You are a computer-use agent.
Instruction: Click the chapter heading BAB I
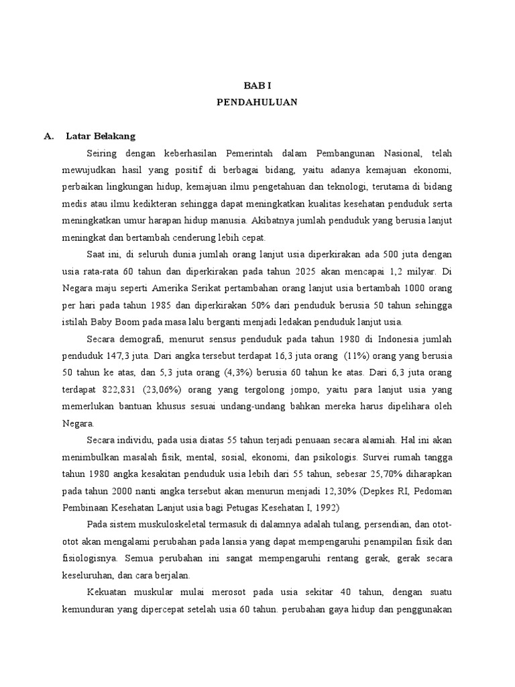point(257,86)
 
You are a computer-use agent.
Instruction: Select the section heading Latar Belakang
point(101,136)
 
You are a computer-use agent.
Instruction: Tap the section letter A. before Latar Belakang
point(48,136)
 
